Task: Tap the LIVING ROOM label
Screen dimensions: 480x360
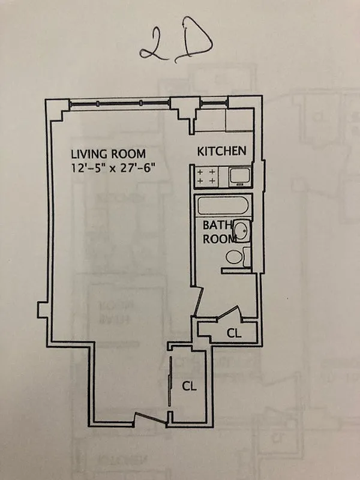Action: coord(107,154)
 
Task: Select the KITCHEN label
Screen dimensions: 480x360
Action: coord(221,151)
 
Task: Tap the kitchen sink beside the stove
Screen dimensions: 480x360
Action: coord(237,176)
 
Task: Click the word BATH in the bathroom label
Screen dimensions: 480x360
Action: coord(215,226)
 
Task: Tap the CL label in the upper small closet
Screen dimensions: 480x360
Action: coord(234,333)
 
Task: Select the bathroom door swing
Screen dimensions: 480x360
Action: coord(198,300)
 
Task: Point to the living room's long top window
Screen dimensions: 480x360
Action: coord(120,105)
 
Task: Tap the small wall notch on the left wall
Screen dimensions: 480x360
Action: coord(41,309)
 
